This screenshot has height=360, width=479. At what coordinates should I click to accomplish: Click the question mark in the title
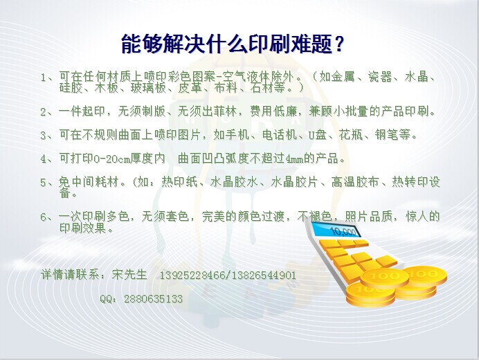338,44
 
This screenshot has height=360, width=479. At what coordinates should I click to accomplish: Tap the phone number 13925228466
192,276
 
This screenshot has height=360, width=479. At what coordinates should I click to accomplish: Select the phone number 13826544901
263,276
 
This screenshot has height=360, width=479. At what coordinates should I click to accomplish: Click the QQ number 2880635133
153,298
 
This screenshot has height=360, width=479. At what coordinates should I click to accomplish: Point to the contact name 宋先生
129,274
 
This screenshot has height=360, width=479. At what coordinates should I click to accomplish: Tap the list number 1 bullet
44,78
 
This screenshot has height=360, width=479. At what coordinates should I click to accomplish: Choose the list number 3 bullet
44,136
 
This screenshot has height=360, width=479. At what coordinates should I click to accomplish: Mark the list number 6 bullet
44,217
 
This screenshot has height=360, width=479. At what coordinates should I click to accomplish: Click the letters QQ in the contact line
106,299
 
